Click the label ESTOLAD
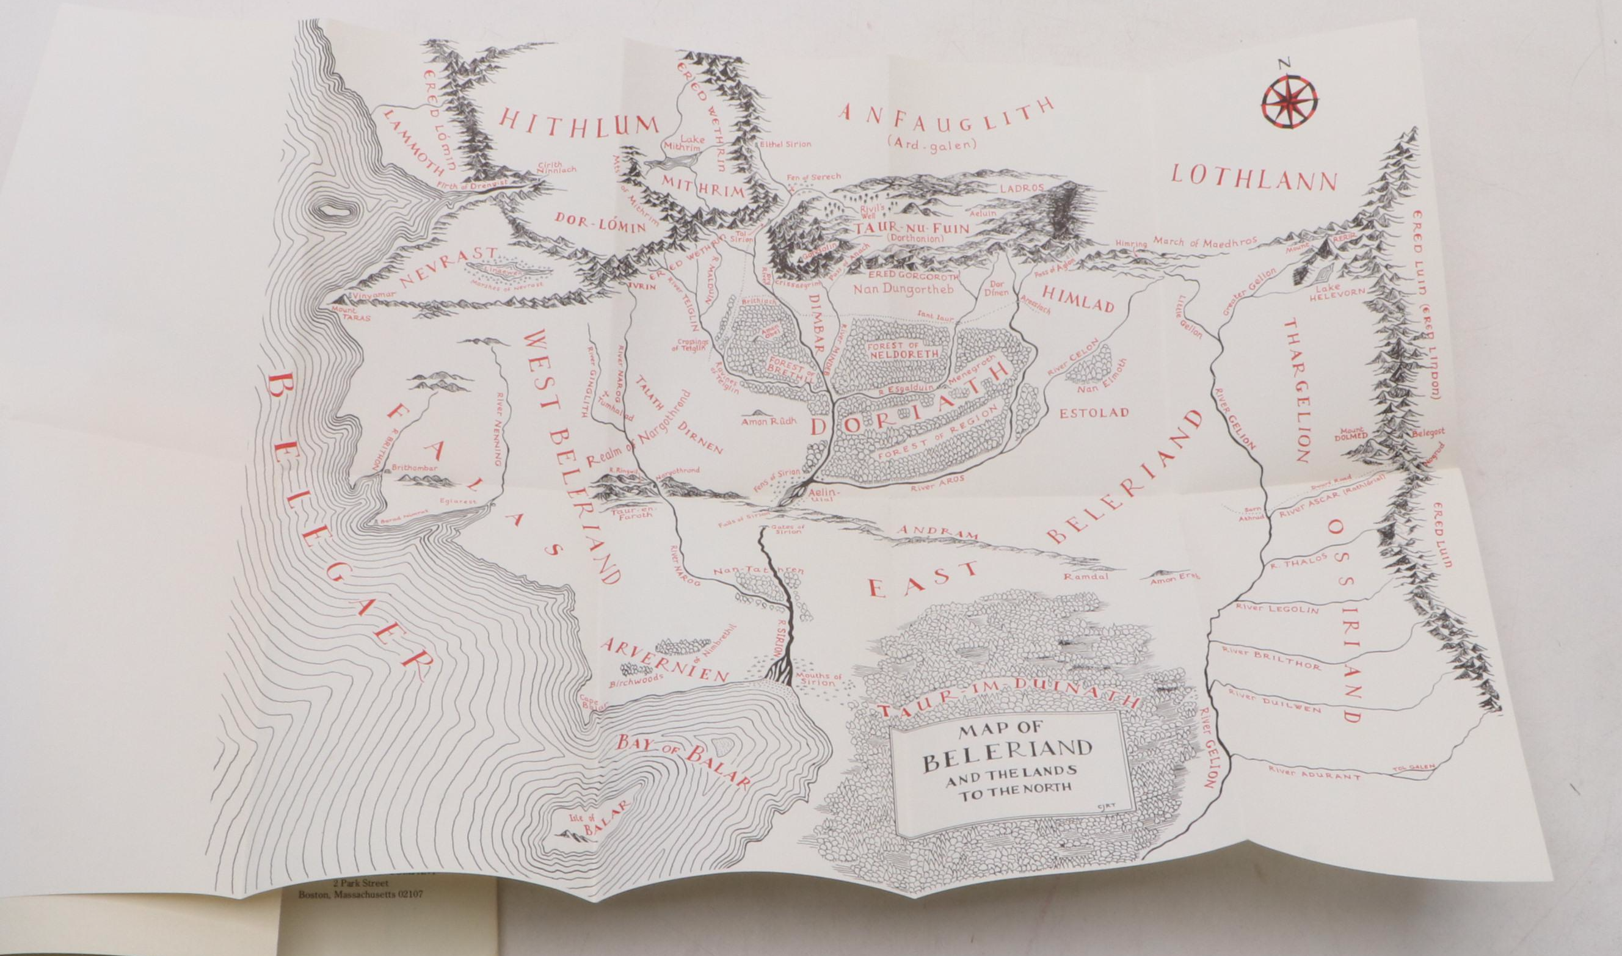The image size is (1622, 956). (x=1096, y=413)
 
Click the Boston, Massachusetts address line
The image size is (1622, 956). (x=361, y=912)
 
